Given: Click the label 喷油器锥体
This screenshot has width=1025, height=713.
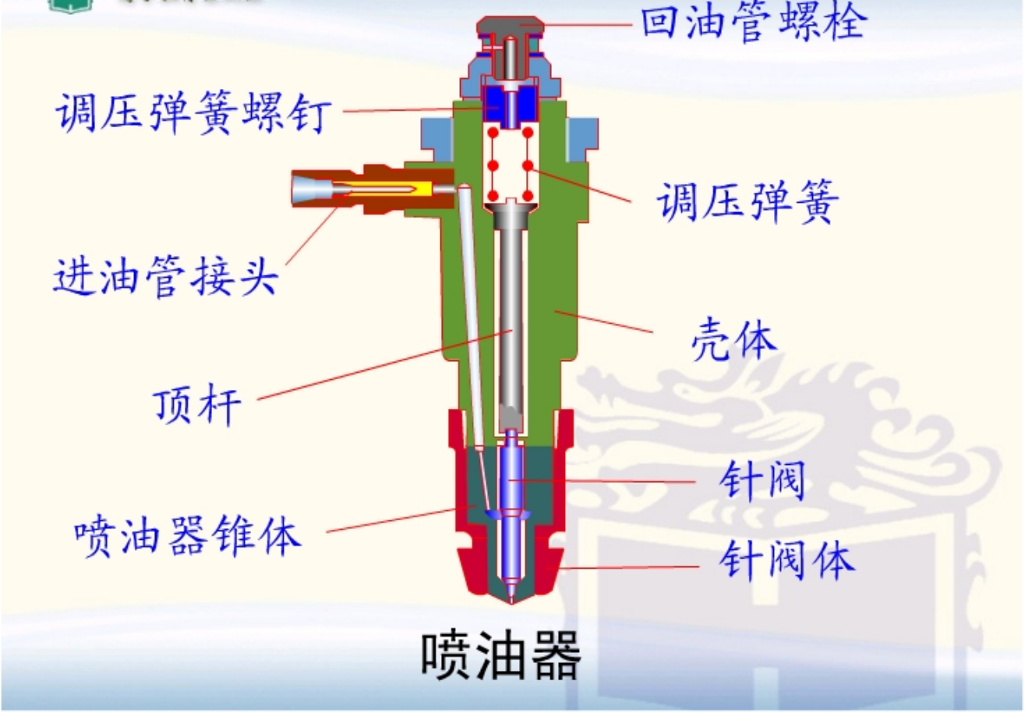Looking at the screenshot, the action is (x=188, y=537).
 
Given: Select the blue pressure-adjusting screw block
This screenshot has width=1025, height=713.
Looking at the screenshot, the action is (x=511, y=105).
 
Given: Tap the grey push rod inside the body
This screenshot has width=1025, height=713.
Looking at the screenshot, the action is (x=511, y=312).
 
